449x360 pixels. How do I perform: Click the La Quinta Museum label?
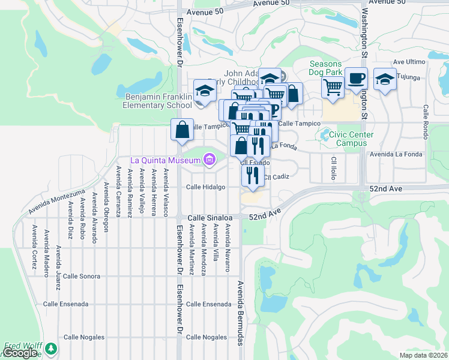click(x=166, y=160)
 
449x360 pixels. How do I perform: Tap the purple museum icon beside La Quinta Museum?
click(x=209, y=160)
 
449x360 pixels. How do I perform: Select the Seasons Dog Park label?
click(x=325, y=68)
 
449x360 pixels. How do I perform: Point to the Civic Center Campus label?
click(x=351, y=139)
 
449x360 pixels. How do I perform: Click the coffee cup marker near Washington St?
click(x=356, y=79)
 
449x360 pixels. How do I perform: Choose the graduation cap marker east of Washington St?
click(x=385, y=79)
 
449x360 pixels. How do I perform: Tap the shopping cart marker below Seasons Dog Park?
click(x=332, y=88)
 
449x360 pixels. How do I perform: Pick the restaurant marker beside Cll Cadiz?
click(x=253, y=175)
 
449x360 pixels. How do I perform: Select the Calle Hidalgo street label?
click(x=205, y=187)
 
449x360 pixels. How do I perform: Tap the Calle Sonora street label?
click(x=81, y=276)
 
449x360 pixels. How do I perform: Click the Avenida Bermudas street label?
click(x=240, y=313)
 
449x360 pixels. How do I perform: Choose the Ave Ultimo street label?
click(x=409, y=62)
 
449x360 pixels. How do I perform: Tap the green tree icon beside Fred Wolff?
click(x=52, y=348)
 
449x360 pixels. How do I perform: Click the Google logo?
click(x=20, y=353)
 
